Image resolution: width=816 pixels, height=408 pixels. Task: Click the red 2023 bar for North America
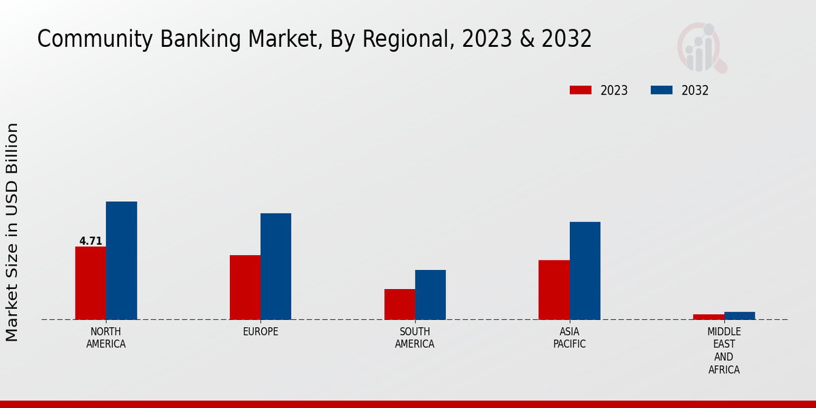[x=90, y=283]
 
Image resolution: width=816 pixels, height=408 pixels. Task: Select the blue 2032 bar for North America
[x=121, y=260]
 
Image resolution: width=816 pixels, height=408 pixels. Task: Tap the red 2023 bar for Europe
[x=245, y=287]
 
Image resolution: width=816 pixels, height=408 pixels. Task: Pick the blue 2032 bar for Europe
[x=275, y=266]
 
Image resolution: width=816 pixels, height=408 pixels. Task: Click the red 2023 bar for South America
[x=399, y=304]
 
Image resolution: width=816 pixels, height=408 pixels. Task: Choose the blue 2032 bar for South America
[x=430, y=294]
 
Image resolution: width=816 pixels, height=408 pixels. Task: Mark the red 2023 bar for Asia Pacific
[x=554, y=290]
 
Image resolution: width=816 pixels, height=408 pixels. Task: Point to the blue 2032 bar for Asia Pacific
[x=585, y=271]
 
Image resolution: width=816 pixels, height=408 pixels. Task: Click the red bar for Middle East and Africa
[x=709, y=317]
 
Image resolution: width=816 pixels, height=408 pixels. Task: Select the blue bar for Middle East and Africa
[x=739, y=316]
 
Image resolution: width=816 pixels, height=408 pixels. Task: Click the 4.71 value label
[x=90, y=241]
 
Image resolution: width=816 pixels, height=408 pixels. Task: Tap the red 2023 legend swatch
[x=581, y=90]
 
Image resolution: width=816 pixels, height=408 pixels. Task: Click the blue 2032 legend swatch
[x=662, y=90]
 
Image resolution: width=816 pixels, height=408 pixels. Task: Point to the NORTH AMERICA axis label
[x=106, y=338]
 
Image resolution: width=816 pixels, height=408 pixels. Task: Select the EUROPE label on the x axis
[x=260, y=332]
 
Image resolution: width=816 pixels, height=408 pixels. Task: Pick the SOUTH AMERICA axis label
[x=415, y=338]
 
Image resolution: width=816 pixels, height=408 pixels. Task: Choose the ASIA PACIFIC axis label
[x=569, y=338]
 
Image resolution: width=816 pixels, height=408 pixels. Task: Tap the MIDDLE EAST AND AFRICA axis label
[x=724, y=351]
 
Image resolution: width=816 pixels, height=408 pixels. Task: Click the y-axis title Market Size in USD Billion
[x=12, y=232]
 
